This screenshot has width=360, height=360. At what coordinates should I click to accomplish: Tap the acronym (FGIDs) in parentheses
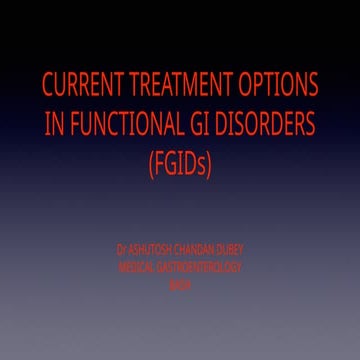coord(179,164)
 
